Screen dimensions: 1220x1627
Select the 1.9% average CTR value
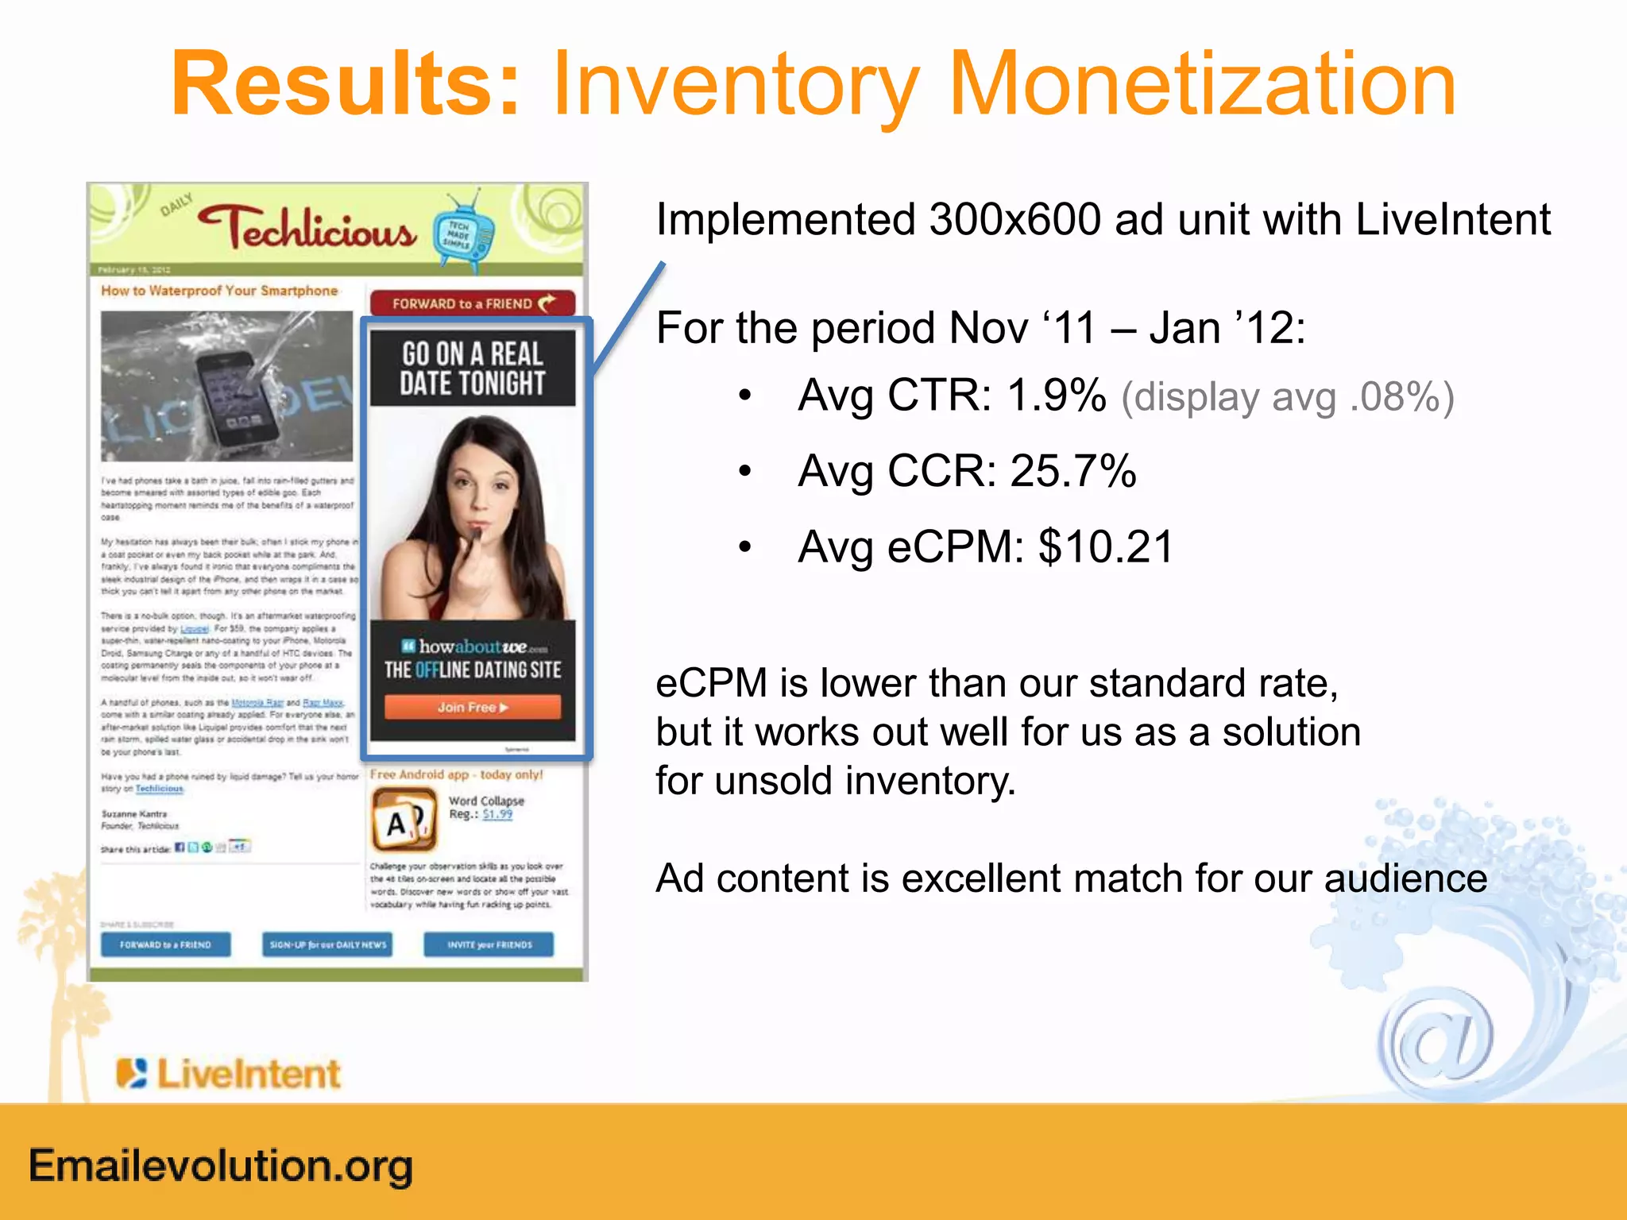click(x=1057, y=395)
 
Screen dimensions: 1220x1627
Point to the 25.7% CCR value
click(x=1073, y=470)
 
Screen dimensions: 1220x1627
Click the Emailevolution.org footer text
click(x=221, y=1166)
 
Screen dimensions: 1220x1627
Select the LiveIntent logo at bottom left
click(x=229, y=1074)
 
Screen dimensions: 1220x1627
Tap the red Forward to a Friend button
click(x=473, y=303)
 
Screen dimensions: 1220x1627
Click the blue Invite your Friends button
click(x=489, y=944)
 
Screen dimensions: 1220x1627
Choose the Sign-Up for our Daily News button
click(x=327, y=944)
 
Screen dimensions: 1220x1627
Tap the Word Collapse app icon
click(x=404, y=819)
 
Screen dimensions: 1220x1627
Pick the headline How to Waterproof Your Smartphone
click(x=219, y=291)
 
